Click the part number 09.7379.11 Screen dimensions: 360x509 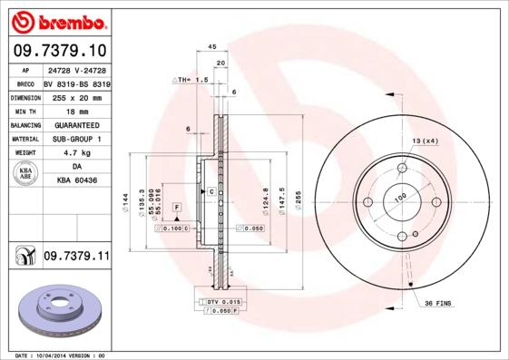tap(75, 258)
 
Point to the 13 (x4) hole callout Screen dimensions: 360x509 tap(426, 142)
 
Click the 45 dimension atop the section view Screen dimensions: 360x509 tap(211, 46)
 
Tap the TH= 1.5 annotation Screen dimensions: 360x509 tap(193, 80)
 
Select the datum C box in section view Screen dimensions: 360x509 tap(210, 191)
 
